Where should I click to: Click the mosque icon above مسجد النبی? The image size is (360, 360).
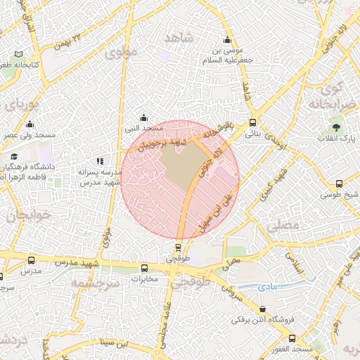click(143, 117)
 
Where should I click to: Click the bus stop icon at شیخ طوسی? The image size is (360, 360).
click(340, 184)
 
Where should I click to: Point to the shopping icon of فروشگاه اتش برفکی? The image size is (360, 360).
click(262, 309)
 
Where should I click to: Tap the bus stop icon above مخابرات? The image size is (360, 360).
click(145, 268)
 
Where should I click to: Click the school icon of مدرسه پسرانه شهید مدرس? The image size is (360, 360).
click(99, 161)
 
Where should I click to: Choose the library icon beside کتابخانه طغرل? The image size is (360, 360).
click(18, 54)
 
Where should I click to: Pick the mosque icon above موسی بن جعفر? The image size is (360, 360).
click(226, 39)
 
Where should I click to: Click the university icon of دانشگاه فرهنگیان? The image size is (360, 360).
click(14, 156)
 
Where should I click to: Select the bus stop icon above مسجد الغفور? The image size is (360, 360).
click(292, 338)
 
